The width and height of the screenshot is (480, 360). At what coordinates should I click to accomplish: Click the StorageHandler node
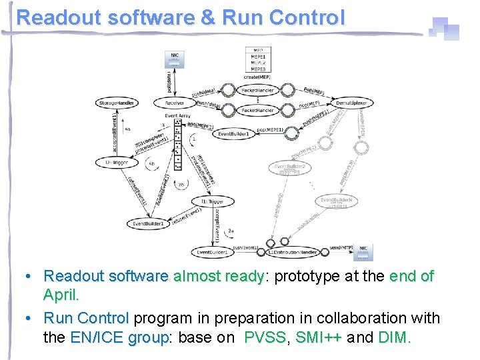click(x=118, y=103)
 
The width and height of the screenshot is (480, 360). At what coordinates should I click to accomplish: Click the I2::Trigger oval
click(x=117, y=162)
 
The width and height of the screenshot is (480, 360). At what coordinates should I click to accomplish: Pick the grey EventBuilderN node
click(x=336, y=201)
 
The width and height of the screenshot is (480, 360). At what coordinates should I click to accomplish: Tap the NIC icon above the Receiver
click(x=174, y=58)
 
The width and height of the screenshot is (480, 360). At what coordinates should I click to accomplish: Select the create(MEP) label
click(x=258, y=77)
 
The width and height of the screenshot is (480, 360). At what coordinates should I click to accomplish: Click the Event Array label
click(x=177, y=115)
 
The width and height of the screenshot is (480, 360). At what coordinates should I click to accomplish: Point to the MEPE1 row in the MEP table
click(x=258, y=57)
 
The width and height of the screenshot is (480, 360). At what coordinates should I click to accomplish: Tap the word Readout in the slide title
click(x=53, y=17)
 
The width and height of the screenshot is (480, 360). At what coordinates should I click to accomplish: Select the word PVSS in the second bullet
click(x=265, y=337)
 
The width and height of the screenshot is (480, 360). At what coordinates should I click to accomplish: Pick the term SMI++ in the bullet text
click(x=319, y=337)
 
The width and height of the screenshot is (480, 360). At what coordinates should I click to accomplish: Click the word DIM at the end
click(x=393, y=337)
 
